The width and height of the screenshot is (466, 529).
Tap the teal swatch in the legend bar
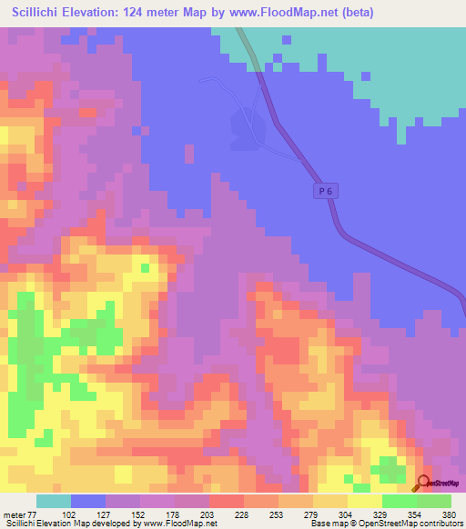[x=53, y=501]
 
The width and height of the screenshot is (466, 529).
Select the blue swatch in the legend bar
[x=87, y=501]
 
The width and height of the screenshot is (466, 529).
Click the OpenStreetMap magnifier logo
[x=425, y=483]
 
